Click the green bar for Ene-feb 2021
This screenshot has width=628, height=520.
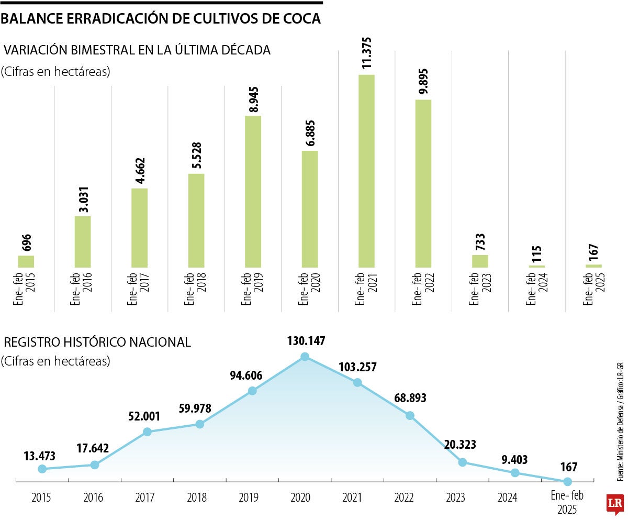point(366,171)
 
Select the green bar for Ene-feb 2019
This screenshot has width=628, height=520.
point(253,191)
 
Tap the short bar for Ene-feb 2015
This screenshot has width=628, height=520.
point(26,261)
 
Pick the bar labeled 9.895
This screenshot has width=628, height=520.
point(423,183)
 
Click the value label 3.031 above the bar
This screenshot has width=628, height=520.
point(83,197)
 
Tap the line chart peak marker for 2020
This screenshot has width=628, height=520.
point(305,357)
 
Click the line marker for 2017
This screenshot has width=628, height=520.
point(147,432)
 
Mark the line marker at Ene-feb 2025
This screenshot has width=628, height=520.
point(567,481)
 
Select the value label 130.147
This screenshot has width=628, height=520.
point(306,341)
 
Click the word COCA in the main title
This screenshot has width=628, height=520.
point(300,19)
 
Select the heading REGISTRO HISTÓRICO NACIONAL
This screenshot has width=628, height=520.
point(97,342)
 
